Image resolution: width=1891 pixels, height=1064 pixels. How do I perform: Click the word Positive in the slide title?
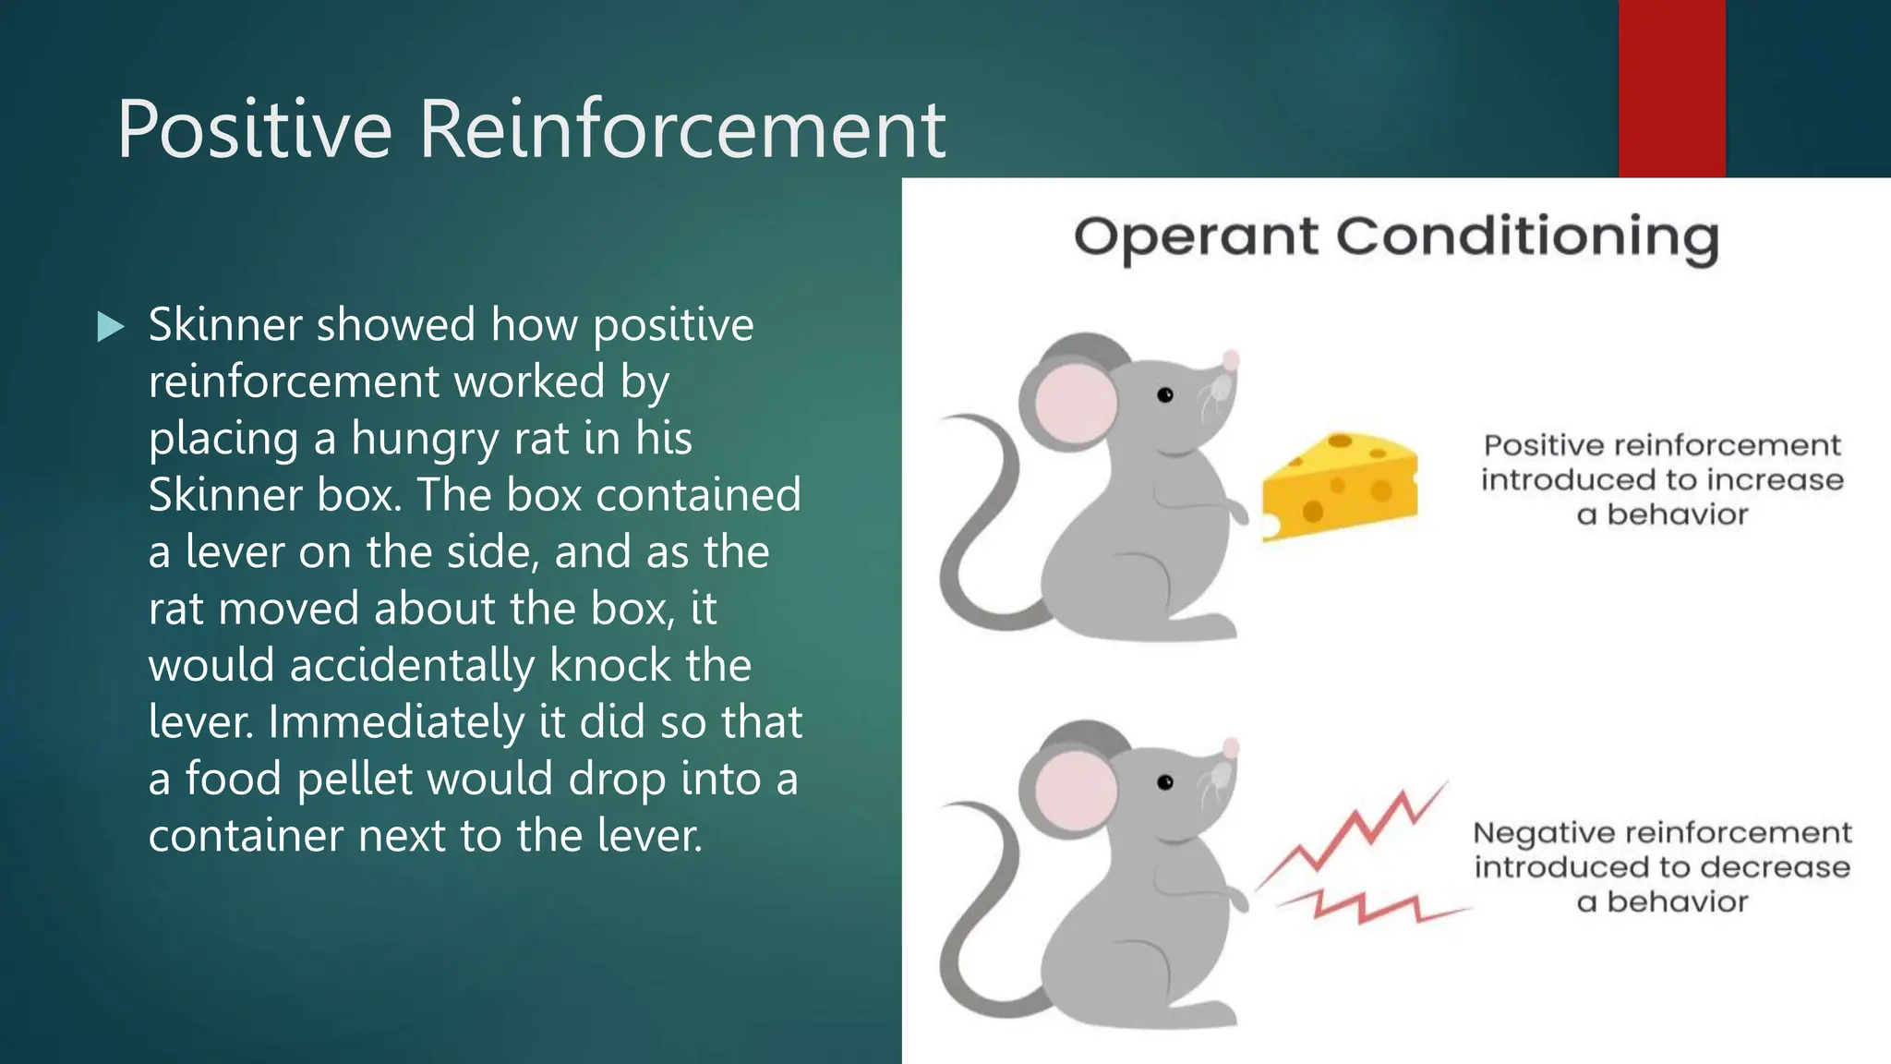tap(254, 129)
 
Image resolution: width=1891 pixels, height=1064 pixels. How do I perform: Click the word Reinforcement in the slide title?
tap(682, 129)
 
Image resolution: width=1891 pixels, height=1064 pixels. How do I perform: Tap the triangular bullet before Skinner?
tap(110, 326)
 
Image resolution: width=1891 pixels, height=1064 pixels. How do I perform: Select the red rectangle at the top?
tap(1671, 88)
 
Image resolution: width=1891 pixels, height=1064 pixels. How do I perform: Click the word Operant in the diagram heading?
tap(1196, 237)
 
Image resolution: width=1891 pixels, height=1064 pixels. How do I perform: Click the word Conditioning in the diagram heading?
tap(1527, 237)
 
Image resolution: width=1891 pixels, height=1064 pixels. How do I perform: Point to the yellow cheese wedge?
tap(1341, 485)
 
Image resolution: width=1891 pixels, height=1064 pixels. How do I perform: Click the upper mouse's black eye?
tap(1165, 395)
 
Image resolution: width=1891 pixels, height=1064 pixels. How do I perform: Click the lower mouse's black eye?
tap(1165, 782)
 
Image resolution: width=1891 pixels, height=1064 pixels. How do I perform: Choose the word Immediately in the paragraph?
tap(396, 722)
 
